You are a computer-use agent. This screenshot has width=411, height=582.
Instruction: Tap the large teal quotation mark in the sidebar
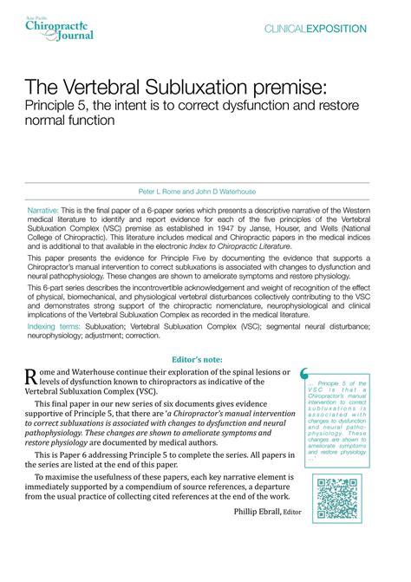[303, 374]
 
